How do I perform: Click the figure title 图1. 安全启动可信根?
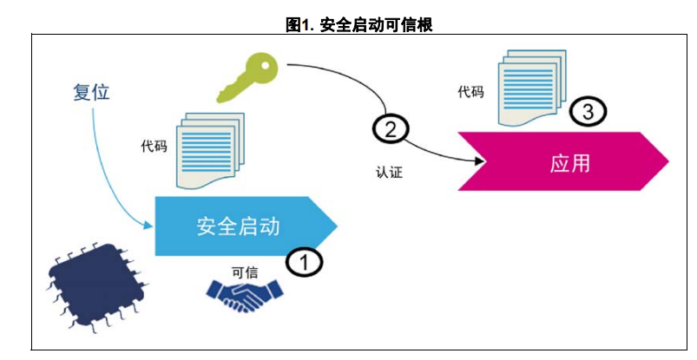[x=359, y=25]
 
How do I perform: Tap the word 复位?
[x=91, y=92]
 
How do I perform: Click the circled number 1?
[x=305, y=261]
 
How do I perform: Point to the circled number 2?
[x=391, y=129]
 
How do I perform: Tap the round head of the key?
[x=260, y=65]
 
